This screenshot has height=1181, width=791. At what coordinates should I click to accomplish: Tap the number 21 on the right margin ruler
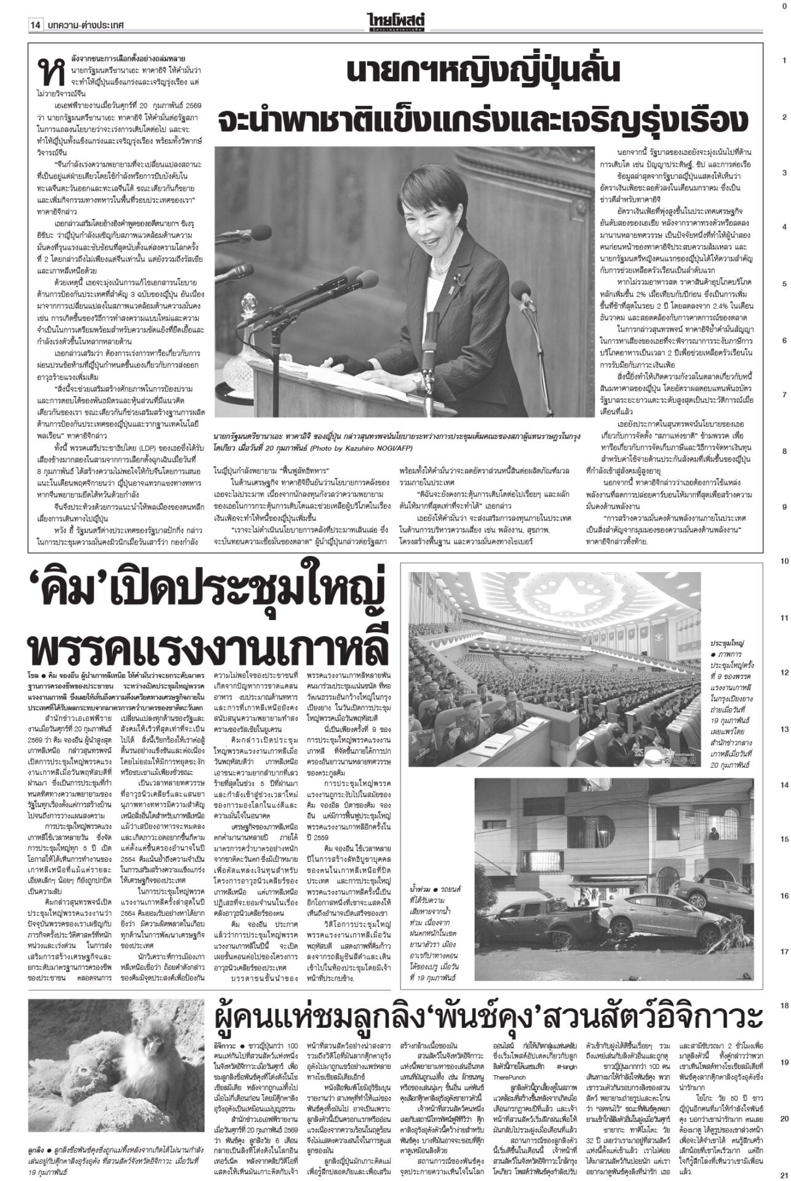click(x=784, y=1174)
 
